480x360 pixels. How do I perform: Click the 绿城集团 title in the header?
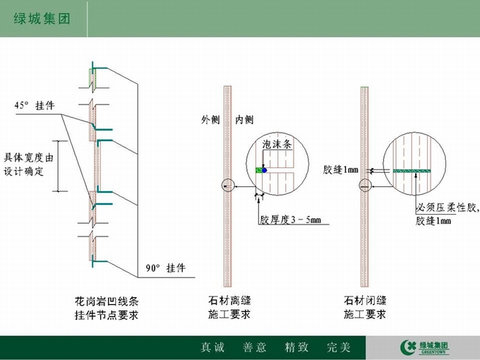point(42,18)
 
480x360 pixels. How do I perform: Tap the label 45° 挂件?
point(35,106)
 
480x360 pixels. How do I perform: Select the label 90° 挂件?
point(166,268)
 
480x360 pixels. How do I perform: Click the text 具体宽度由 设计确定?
point(28,164)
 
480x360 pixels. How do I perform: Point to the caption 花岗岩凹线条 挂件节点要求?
point(107,308)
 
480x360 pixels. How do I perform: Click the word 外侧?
point(210,119)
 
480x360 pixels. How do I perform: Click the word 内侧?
point(244,119)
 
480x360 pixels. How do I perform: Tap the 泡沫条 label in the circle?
point(277,144)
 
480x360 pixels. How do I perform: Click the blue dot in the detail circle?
point(264,170)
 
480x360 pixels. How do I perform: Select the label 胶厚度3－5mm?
point(291,220)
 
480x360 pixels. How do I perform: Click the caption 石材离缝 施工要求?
point(229,307)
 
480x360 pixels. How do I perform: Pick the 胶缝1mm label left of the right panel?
point(340,169)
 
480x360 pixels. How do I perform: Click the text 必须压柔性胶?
point(446,208)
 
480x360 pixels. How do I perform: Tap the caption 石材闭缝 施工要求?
point(365,307)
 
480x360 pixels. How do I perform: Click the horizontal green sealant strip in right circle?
point(412,171)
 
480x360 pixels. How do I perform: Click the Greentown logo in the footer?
point(425,347)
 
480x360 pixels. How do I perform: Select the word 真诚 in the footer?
point(212,347)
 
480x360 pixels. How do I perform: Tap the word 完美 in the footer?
point(338,347)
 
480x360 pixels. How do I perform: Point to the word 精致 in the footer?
point(296,347)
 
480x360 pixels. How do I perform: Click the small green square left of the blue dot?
point(259,170)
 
